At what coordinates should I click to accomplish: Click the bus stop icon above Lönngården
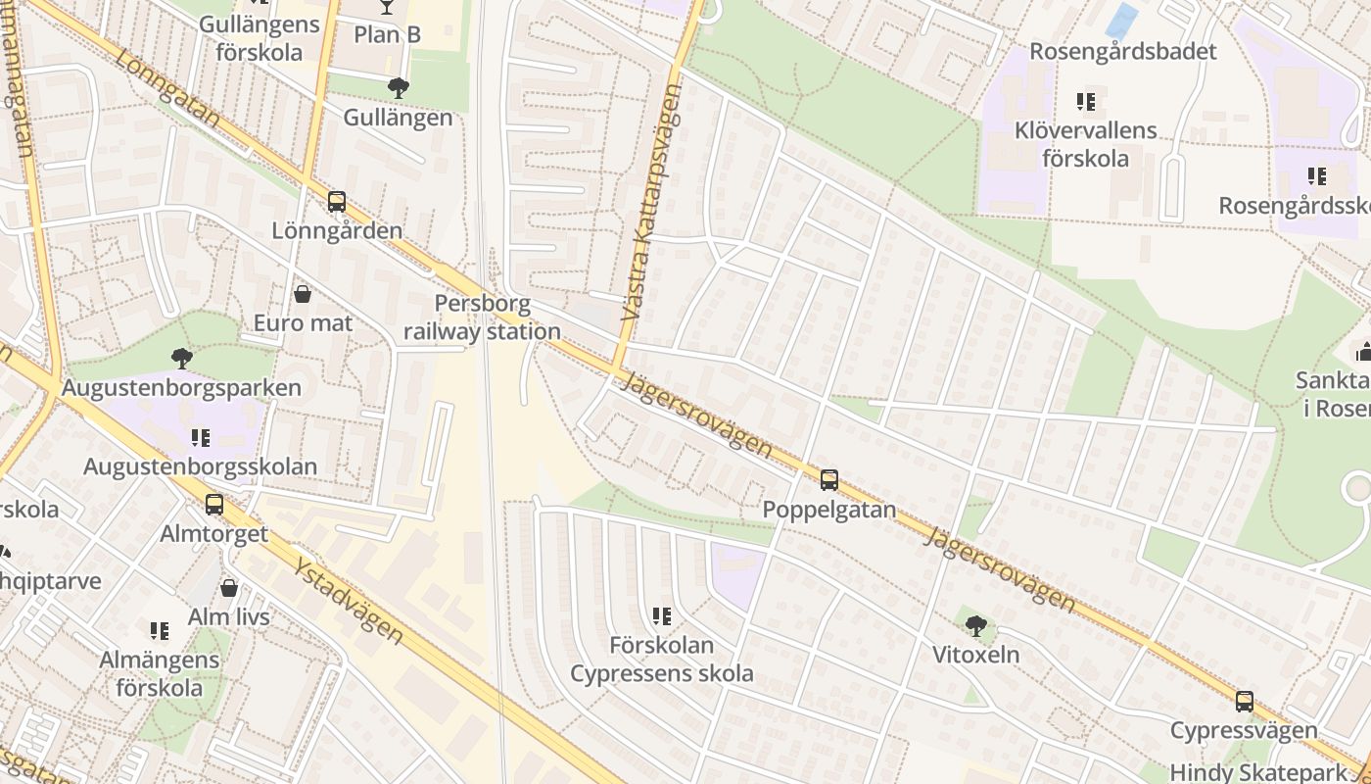tap(337, 202)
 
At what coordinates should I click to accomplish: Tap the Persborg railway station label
tap(482, 318)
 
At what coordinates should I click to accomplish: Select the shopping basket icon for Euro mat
tap(303, 294)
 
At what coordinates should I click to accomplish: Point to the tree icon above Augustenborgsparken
tap(181, 358)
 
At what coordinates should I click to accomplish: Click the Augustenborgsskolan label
tap(200, 466)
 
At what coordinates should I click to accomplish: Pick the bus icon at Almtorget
tap(214, 505)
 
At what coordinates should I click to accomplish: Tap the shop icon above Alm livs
tap(229, 588)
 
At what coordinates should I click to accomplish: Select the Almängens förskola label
tap(159, 673)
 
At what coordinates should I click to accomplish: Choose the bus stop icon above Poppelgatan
tap(828, 480)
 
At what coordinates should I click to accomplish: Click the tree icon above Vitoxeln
tap(975, 625)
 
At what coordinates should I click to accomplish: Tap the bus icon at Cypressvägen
tap(1244, 702)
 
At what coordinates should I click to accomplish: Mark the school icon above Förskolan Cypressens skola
tap(662, 616)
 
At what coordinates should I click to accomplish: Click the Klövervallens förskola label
tap(1085, 144)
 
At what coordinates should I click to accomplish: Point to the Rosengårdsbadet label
tap(1122, 52)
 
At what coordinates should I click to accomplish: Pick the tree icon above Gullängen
tap(398, 88)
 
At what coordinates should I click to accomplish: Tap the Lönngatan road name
tap(167, 88)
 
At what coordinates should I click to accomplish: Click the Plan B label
tap(387, 34)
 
